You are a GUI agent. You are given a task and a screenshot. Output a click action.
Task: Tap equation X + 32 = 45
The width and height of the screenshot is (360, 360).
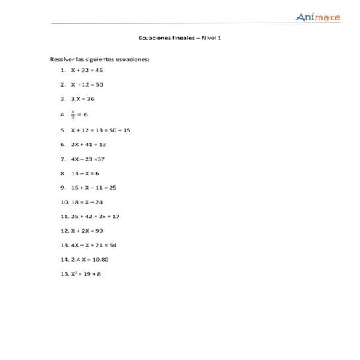tap(87, 70)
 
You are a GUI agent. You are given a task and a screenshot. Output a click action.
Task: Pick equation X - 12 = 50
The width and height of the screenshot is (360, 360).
tap(87, 84)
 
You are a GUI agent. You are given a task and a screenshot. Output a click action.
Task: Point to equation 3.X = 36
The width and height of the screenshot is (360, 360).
tap(82, 99)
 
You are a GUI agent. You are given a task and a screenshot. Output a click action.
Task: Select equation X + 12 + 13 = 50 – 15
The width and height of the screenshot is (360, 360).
tap(100, 130)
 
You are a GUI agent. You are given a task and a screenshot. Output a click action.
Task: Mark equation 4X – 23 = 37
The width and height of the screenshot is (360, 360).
tap(87, 159)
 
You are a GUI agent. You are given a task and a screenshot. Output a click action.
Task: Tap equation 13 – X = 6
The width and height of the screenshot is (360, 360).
tap(84, 173)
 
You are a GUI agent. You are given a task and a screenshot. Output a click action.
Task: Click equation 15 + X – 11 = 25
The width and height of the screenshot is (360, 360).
tap(93, 188)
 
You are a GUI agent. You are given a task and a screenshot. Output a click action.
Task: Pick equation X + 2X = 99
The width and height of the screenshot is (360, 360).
tap(87, 231)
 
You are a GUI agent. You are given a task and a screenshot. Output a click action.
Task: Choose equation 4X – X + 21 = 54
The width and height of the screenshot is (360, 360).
tap(94, 244)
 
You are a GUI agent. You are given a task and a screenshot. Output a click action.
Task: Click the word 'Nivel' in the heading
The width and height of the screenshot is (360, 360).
tap(209, 39)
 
